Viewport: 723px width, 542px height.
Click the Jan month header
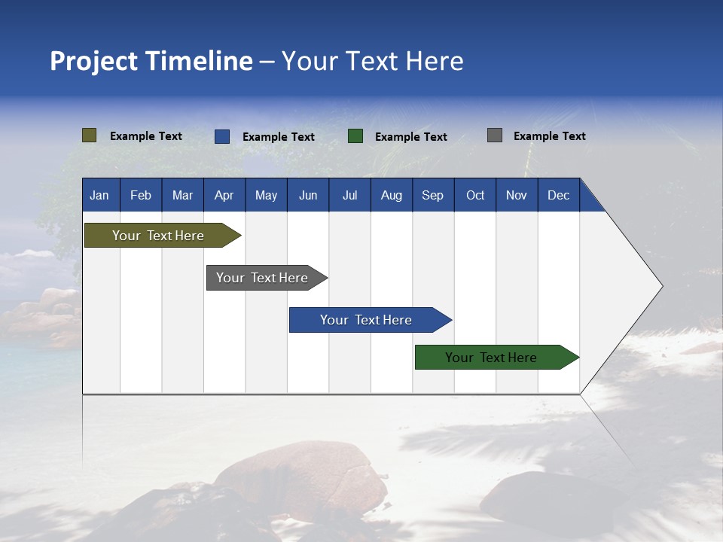point(99,196)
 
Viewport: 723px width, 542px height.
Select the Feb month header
point(141,196)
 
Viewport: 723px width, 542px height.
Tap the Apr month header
point(224,196)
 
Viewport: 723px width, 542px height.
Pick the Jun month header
point(308,196)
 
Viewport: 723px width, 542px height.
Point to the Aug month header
point(392,196)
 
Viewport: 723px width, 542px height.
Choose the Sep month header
point(432,196)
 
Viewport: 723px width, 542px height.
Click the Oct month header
point(475,196)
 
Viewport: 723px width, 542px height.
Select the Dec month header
point(559,196)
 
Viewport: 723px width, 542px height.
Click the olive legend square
point(90,135)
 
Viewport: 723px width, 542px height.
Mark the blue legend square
point(222,136)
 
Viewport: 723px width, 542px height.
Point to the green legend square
point(355,136)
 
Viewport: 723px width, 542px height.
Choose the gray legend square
point(495,135)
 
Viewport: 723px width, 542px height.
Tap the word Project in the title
point(94,62)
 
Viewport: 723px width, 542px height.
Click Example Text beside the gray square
point(550,136)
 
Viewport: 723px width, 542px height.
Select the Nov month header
point(517,196)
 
